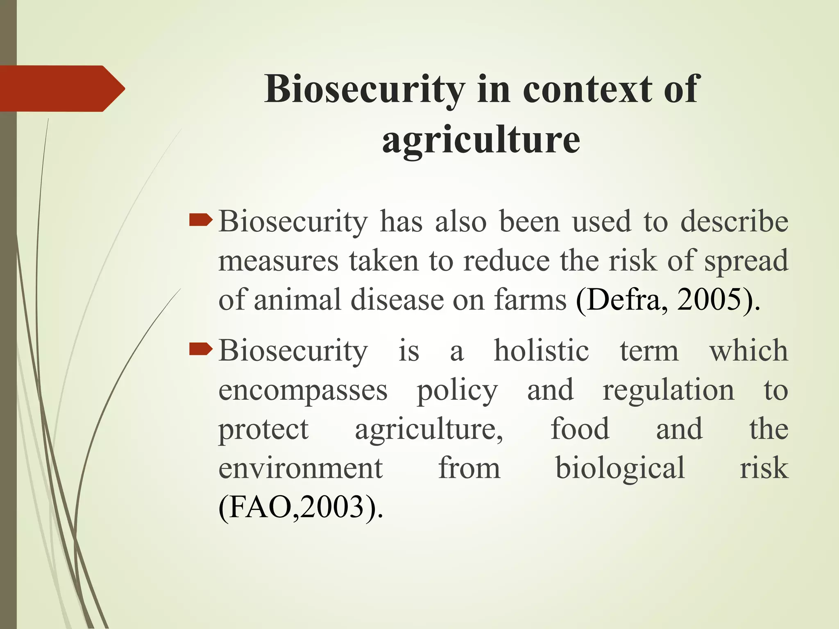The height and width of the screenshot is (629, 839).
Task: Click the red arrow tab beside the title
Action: coord(61,88)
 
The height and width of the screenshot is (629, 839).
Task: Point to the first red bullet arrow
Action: coord(201,221)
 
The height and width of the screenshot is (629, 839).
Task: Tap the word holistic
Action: coord(541,351)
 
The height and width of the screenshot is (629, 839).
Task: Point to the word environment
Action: coord(300,468)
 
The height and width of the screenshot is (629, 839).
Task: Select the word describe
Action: coord(734,222)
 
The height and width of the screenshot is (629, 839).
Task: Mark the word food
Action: coord(580,429)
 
